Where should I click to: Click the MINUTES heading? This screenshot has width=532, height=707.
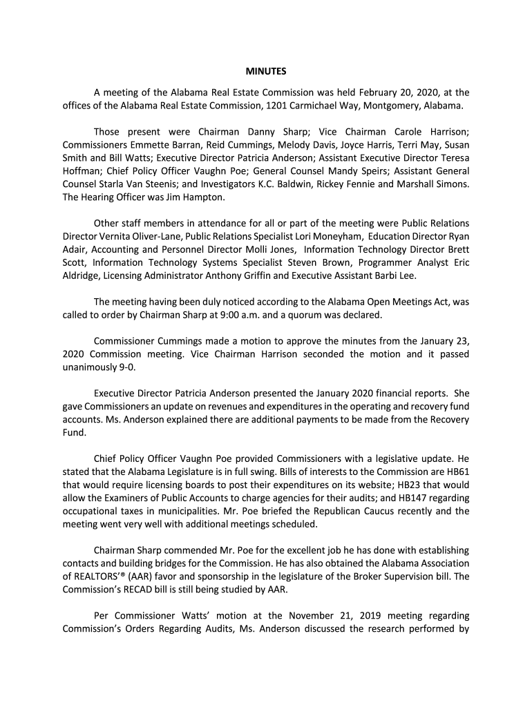pos(266,71)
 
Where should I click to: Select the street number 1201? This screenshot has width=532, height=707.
pos(278,106)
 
